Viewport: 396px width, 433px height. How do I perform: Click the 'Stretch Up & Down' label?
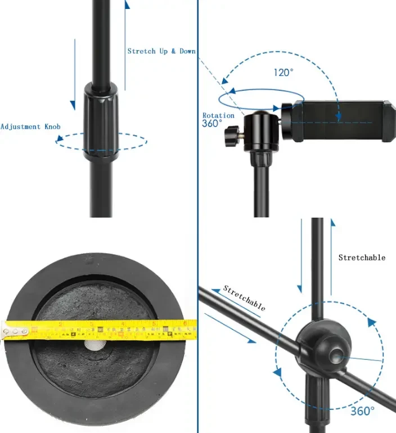click(x=161, y=51)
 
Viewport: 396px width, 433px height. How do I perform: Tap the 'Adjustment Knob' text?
click(x=30, y=127)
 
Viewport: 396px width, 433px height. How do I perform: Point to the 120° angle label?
click(x=283, y=73)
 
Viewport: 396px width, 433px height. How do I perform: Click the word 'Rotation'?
click(x=218, y=115)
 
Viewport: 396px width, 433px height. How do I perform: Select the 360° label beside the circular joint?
click(x=363, y=411)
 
